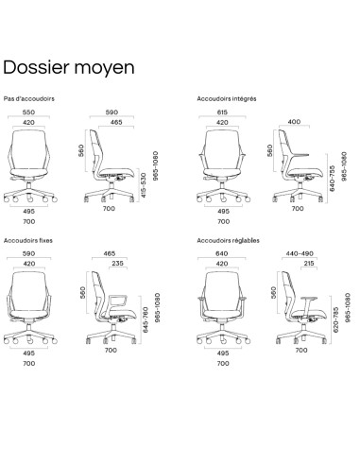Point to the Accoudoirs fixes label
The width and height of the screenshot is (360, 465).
point(26,241)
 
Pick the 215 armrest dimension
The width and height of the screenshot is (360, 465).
point(310,266)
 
